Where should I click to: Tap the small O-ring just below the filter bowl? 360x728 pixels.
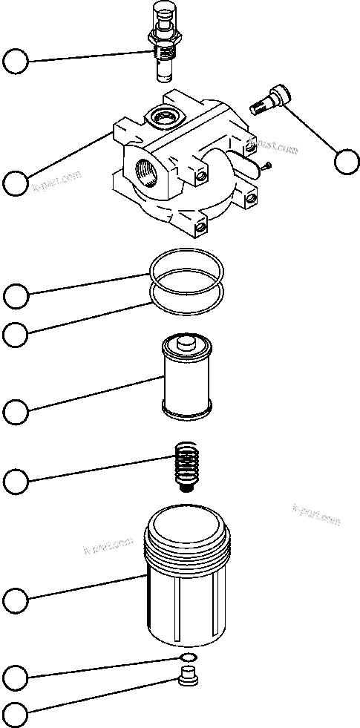189,658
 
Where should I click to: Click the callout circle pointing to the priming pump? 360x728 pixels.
16,62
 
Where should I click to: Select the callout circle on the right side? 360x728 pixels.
346,161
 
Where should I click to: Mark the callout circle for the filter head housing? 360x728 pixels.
16,183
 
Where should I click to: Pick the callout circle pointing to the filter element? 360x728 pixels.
16,410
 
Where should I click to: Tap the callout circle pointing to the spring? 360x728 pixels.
16,482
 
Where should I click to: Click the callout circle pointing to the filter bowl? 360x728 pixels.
16,599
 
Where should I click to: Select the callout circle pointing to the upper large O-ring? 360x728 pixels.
16,295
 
